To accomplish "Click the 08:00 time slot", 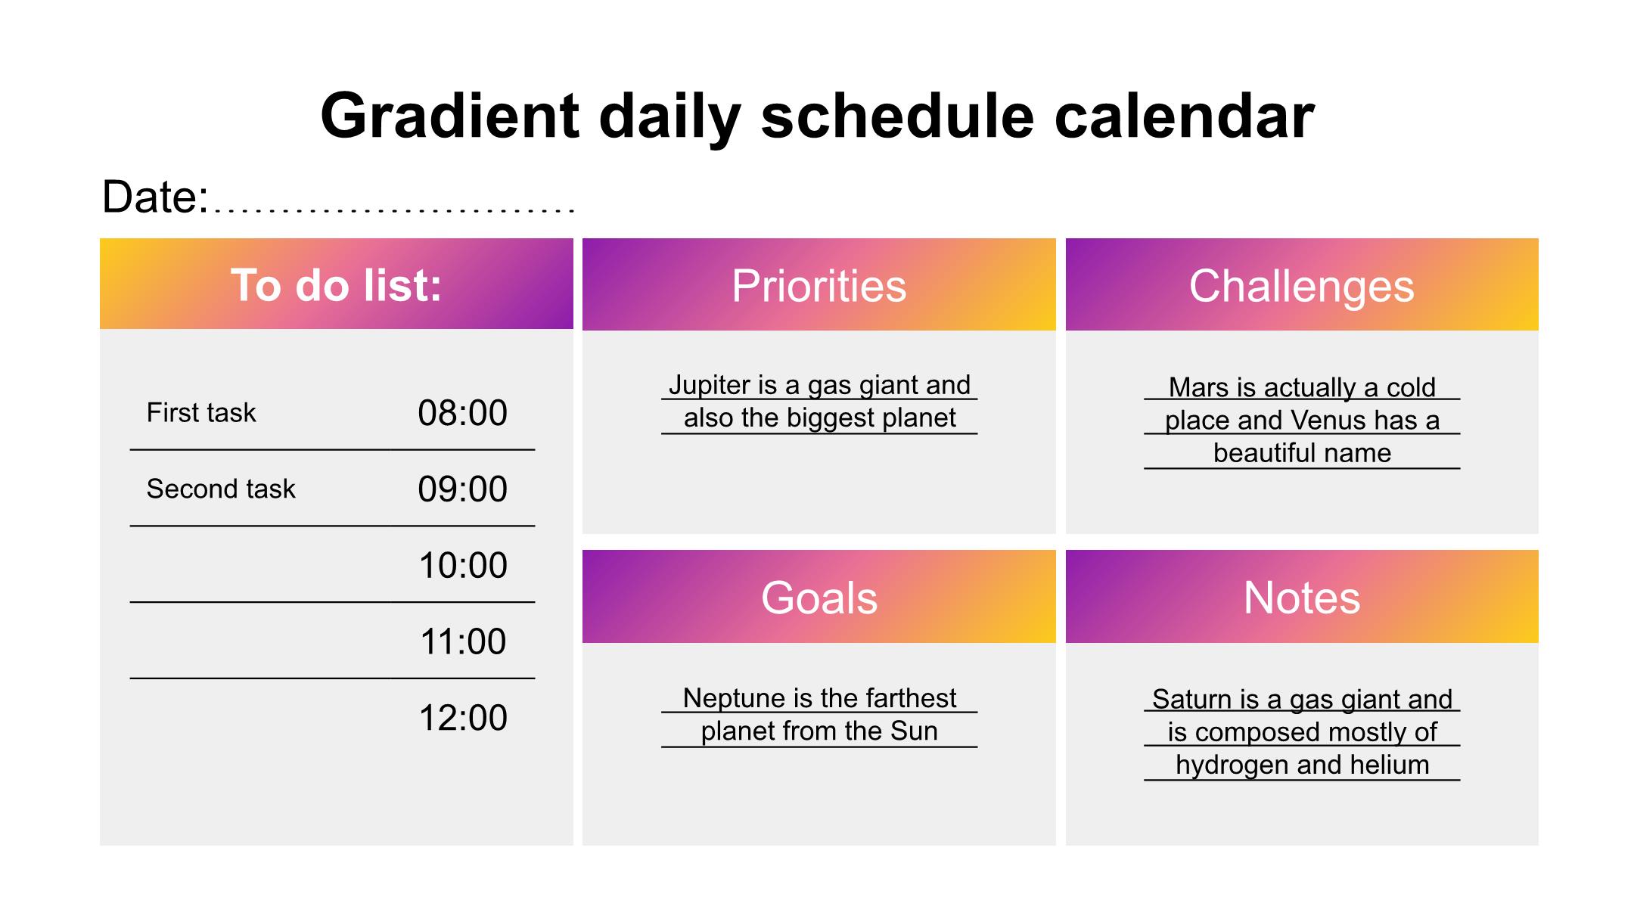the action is point(462,413).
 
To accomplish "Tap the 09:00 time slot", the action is point(462,489).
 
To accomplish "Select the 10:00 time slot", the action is point(462,566).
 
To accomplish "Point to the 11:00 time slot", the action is point(462,641).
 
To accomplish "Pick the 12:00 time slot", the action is point(462,718).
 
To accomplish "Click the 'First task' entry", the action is point(201,413).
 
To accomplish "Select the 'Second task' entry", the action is point(221,489).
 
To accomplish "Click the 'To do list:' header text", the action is point(336,285).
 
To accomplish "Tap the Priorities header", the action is point(819,286).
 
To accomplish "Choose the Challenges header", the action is point(1301,287).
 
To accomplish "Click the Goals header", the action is point(819,598).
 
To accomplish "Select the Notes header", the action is point(1301,598).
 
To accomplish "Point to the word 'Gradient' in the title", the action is point(450,116).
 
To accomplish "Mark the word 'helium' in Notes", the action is point(1390,765).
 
